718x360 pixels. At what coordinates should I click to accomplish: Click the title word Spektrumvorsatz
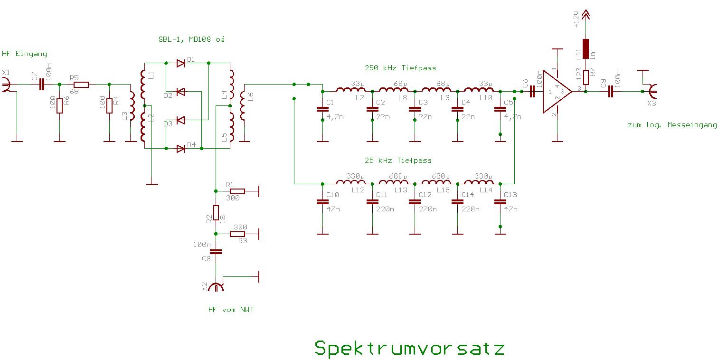pyautogui.click(x=409, y=348)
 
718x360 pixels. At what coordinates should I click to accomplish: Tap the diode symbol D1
pyautogui.click(x=180, y=63)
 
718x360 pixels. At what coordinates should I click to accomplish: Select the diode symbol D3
pyautogui.click(x=180, y=120)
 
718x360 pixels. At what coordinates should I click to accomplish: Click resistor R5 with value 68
pyautogui.click(x=81, y=85)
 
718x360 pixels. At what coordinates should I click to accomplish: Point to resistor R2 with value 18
pyautogui.click(x=216, y=212)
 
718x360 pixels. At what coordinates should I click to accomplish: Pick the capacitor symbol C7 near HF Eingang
pyautogui.click(x=42, y=85)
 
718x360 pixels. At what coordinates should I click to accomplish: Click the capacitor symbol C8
pyautogui.click(x=216, y=252)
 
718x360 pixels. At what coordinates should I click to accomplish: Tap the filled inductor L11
pyautogui.click(x=586, y=48)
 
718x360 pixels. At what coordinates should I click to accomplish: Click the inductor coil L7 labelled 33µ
pyautogui.click(x=351, y=90)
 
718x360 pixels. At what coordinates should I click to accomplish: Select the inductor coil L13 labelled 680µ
pyautogui.click(x=393, y=183)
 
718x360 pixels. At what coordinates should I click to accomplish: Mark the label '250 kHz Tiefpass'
pyautogui.click(x=400, y=68)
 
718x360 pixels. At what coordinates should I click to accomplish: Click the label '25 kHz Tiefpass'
pyautogui.click(x=398, y=161)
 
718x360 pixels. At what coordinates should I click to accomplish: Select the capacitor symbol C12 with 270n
pyautogui.click(x=415, y=202)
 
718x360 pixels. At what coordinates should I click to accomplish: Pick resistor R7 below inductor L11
pyautogui.click(x=586, y=76)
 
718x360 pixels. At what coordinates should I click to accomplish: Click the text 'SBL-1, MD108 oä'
pyautogui.click(x=191, y=39)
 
